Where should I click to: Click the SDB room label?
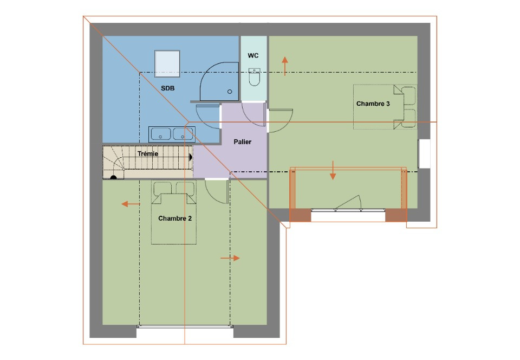pyautogui.click(x=167, y=88)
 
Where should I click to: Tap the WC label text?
pyautogui.click(x=253, y=56)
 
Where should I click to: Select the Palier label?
pyautogui.click(x=242, y=142)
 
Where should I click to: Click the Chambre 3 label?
pyautogui.click(x=373, y=104)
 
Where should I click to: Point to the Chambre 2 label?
pyautogui.click(x=174, y=218)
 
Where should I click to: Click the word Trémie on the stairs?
pyautogui.click(x=148, y=154)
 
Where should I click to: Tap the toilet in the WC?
pyautogui.click(x=254, y=78)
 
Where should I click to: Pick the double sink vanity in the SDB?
pyautogui.click(x=171, y=134)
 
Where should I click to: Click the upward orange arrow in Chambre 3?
pyautogui.click(x=284, y=63)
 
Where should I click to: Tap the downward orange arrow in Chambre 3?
pyautogui.click(x=333, y=170)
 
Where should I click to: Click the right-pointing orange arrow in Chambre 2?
pyautogui.click(x=230, y=258)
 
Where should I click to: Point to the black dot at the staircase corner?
pyautogui.click(x=113, y=176)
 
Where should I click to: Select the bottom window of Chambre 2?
pyautogui.click(x=184, y=326)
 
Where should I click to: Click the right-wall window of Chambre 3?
pyautogui.click(x=424, y=153)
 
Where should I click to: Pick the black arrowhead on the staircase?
pyautogui.click(x=191, y=156)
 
